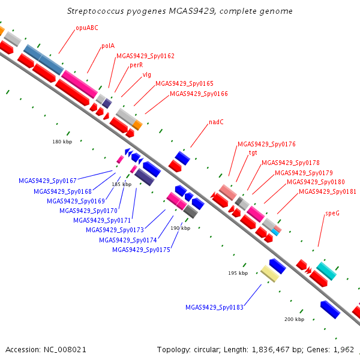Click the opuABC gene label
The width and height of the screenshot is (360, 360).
coord(87,28)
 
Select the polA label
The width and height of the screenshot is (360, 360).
coord(108,46)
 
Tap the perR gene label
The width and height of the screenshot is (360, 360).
coord(136,65)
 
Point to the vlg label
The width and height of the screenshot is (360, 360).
coord(147,75)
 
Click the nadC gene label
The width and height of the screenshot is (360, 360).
coord(216,122)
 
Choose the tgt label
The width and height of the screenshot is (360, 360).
coord(253,152)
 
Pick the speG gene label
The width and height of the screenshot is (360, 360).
coord(332,213)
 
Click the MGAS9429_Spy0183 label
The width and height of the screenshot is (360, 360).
coord(214,307)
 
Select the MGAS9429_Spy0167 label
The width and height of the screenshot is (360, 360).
coord(47,181)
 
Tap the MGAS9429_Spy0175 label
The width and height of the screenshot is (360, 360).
coord(141,250)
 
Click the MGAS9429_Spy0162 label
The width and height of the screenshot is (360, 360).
coord(146,56)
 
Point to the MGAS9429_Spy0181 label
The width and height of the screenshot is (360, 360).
coord(328,191)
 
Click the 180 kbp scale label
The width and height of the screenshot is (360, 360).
coord(62,142)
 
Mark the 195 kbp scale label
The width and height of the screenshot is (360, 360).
coord(238,273)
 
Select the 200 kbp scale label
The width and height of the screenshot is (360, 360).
coord(295,319)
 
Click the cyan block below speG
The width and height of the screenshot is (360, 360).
coord(326,271)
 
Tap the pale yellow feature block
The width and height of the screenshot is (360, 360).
coord(270,274)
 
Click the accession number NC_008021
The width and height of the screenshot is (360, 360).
coord(65,350)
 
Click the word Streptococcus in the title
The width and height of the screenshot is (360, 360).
coord(95,11)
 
